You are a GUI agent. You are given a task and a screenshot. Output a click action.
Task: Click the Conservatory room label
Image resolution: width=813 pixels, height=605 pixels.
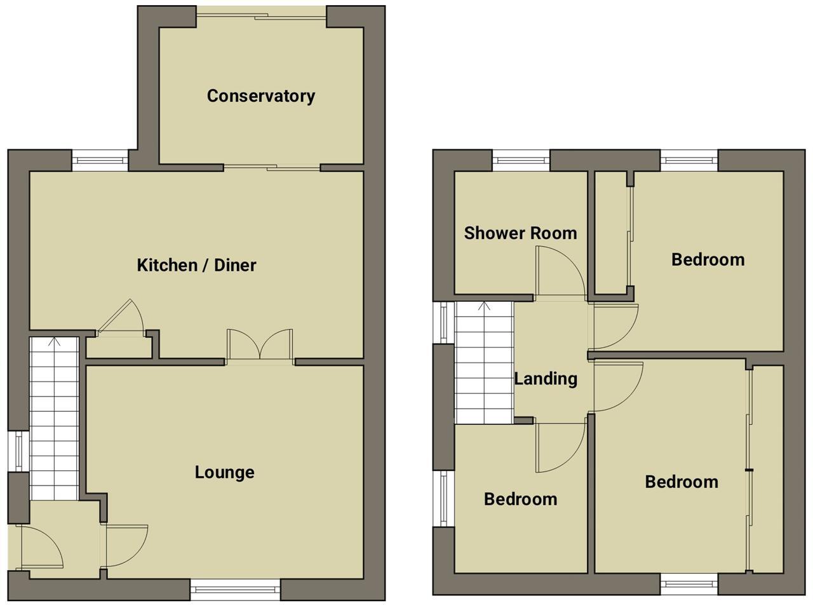coord(260,96)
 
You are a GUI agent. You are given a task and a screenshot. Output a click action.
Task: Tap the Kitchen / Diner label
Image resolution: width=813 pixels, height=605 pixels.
coord(196,265)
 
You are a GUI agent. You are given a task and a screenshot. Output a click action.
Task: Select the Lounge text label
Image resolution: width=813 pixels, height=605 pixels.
coord(224,472)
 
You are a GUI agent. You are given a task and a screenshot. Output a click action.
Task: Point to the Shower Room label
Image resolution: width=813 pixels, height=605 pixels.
coord(520,233)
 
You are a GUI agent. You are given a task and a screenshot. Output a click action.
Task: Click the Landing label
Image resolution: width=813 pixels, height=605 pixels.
coord(545,379)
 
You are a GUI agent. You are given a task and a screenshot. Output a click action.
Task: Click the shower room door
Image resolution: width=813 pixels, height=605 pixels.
coord(559,272)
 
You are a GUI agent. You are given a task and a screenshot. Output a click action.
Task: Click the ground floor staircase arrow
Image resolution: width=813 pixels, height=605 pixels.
coord(54,343)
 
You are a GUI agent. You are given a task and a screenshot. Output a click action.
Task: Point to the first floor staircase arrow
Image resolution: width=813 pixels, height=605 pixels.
coord(484,307)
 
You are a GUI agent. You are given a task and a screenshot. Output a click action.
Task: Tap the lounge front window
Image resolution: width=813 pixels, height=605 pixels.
coord(235,589)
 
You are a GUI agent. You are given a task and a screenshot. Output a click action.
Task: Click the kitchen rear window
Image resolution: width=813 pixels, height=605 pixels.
coord(100,160)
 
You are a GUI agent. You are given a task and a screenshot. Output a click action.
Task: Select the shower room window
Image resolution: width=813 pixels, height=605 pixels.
coord(521,160)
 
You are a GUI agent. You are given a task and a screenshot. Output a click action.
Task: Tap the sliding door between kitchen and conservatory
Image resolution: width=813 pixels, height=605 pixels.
coord(272,168)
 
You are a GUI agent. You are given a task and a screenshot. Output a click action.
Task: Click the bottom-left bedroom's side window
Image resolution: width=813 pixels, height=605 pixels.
coord(443,498)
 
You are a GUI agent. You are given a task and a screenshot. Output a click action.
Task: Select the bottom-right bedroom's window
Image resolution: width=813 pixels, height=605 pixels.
coord(689,583)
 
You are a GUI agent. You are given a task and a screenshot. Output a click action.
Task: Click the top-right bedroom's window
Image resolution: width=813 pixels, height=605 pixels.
coord(689,160)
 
